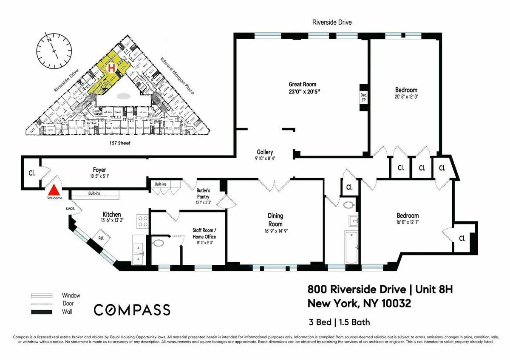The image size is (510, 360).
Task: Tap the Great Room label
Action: [302, 84]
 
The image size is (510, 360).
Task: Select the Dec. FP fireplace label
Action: [363, 97]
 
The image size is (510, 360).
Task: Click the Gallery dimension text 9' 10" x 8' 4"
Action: [265, 159]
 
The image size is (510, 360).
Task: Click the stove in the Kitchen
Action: [143, 221]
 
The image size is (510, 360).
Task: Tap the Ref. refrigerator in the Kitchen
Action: [102, 238]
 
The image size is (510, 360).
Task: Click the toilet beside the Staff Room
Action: [159, 244]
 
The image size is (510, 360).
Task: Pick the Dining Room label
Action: [275, 220]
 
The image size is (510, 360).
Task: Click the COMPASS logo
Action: [132, 310]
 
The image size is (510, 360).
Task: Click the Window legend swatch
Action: [41, 295]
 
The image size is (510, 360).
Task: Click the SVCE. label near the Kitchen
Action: [70, 209]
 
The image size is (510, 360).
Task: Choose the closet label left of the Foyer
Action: [31, 173]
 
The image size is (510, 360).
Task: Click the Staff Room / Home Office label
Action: [204, 233]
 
